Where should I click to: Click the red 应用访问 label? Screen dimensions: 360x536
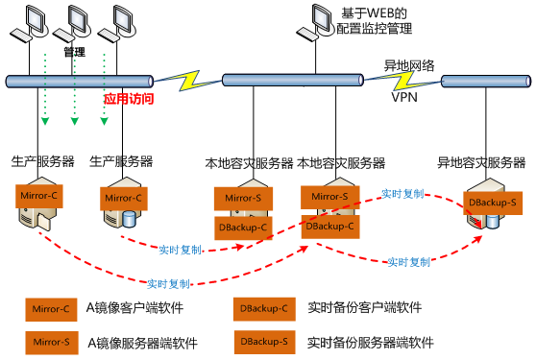(129, 98)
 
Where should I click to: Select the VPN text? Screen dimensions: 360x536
(404, 97)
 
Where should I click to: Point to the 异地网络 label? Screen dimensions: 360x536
(409, 65)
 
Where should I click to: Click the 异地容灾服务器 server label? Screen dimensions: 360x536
(481, 163)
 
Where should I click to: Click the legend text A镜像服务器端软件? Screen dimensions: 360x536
(138, 341)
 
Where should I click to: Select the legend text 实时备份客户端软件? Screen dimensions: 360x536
(364, 308)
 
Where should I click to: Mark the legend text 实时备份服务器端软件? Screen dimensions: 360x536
(371, 341)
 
